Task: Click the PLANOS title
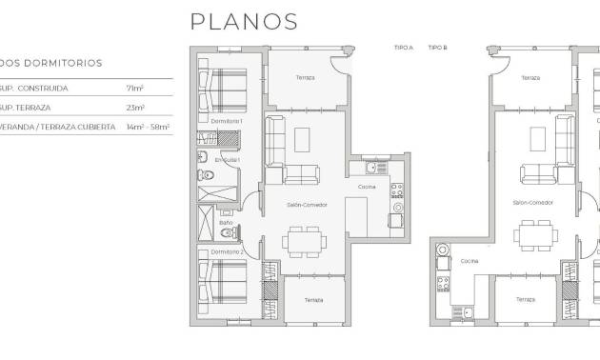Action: point(243,21)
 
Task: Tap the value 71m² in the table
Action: point(132,88)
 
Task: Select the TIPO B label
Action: point(438,46)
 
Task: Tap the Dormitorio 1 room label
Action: point(228,121)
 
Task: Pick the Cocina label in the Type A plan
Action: point(367,186)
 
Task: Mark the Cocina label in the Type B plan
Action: point(470,260)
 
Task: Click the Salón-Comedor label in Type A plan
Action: point(306,204)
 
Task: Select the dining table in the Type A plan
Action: point(304,239)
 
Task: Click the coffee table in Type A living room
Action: point(303,140)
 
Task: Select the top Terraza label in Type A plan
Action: point(305,77)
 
